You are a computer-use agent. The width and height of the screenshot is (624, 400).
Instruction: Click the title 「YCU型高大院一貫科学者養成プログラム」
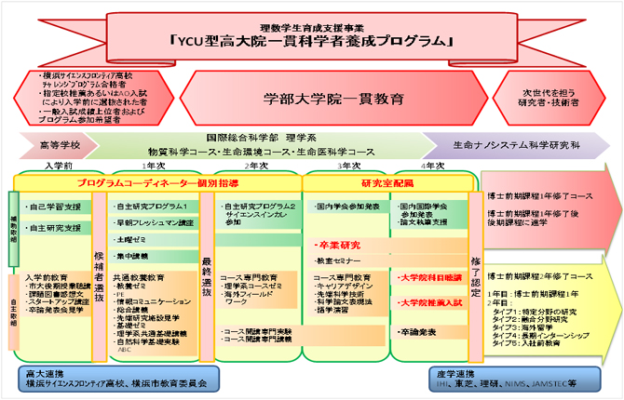point(312,41)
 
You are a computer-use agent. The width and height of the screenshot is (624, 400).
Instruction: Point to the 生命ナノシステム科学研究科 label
point(518,146)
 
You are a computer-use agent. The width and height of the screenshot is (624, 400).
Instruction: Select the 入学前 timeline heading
point(58,166)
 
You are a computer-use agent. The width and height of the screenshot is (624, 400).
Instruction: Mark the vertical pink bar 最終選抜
point(206,271)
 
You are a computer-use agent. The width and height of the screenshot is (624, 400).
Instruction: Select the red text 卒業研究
point(337,246)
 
